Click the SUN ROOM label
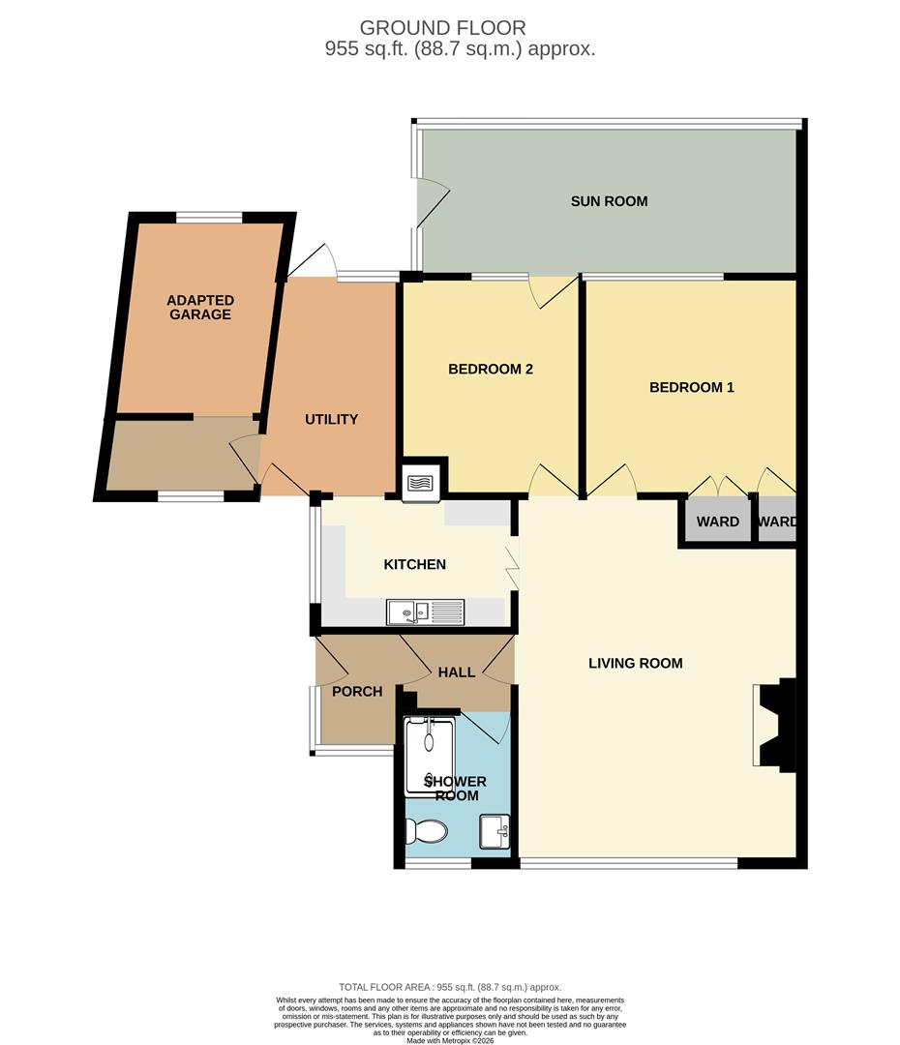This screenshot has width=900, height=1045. click(609, 201)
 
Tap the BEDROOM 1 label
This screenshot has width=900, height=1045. click(691, 387)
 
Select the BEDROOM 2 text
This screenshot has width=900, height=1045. click(490, 370)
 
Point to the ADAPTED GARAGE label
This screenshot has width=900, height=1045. click(200, 308)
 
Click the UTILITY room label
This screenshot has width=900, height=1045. click(331, 419)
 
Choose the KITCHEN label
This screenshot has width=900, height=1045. click(414, 564)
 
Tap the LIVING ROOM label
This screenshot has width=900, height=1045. click(636, 663)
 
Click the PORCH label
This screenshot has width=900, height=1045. click(357, 692)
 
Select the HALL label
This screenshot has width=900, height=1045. click(457, 672)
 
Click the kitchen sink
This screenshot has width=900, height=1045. click(426, 612)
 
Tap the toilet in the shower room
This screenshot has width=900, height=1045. click(427, 831)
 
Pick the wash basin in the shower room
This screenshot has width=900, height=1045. click(495, 832)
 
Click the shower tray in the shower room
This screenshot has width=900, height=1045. click(430, 757)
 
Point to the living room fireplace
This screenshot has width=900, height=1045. click(775, 725)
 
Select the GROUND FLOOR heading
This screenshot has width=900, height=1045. click(442, 28)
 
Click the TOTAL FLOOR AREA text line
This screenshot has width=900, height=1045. click(450, 987)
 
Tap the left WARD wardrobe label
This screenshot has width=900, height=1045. click(717, 522)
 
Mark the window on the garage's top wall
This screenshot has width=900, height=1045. click(209, 217)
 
